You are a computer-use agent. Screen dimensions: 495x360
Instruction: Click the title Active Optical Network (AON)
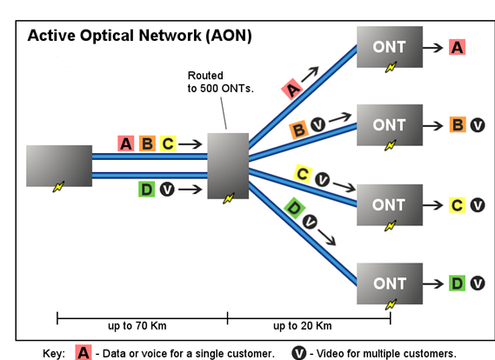pyautogui.click(x=139, y=36)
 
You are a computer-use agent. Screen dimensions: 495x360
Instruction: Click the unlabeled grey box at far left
pyautogui.click(x=59, y=166)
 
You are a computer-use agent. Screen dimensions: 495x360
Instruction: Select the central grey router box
pyautogui.click(x=228, y=166)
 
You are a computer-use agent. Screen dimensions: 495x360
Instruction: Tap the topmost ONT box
pyautogui.click(x=390, y=47)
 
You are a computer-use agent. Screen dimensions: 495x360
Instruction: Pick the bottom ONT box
pyautogui.click(x=390, y=283)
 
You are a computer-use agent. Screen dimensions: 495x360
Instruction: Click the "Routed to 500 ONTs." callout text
pyautogui.click(x=221, y=82)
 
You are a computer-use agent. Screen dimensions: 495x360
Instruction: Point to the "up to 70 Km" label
pyautogui.click(x=137, y=325)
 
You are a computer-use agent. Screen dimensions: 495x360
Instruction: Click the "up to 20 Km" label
pyautogui.click(x=303, y=325)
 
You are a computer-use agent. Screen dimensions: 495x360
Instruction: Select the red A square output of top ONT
pyautogui.click(x=457, y=47)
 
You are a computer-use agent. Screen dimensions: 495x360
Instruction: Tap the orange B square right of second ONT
pyautogui.click(x=458, y=124)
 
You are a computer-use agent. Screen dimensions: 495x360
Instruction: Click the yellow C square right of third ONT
pyautogui.click(x=457, y=205)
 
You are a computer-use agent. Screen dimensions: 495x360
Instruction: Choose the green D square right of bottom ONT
pyautogui.click(x=457, y=283)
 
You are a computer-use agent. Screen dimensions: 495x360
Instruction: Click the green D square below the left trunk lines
pyautogui.click(x=146, y=190)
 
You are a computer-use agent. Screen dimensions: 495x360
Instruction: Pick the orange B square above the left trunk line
pyautogui.click(x=147, y=143)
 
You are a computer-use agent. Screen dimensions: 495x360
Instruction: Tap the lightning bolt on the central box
pyautogui.click(x=229, y=198)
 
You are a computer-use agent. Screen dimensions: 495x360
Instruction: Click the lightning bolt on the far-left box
pyautogui.click(x=58, y=186)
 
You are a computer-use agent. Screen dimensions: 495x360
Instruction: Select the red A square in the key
pyautogui.click(x=84, y=352)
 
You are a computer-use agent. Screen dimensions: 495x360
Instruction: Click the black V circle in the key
pyautogui.click(x=298, y=353)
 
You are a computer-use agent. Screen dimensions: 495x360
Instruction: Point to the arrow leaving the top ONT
pyautogui.click(x=433, y=48)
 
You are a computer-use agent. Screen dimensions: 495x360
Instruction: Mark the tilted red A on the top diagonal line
pyautogui.click(x=292, y=89)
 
